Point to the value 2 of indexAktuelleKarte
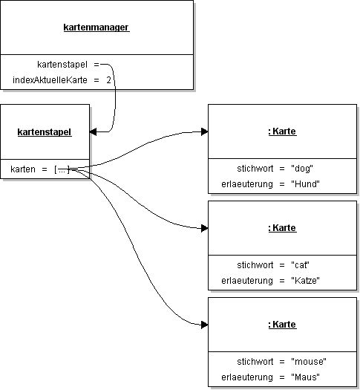pyautogui.click(x=108, y=79)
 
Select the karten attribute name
pyautogui.click(x=23, y=170)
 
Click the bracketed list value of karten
pyautogui.click(x=62, y=170)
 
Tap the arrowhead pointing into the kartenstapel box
pyautogui.click(x=94, y=131)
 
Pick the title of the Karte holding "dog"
pyautogui.click(x=282, y=131)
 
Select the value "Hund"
pyautogui.click(x=305, y=183)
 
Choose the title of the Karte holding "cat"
pyautogui.click(x=282, y=227)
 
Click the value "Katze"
pyautogui.click(x=307, y=280)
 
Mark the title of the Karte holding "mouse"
pyautogui.click(x=282, y=325)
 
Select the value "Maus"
pyautogui.click(x=305, y=377)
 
